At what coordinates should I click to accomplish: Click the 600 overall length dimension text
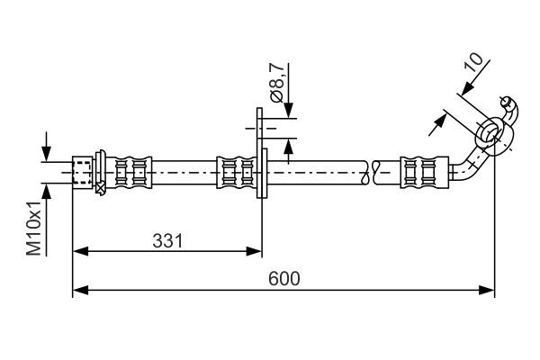point(284,278)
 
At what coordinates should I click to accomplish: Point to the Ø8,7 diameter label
point(278,83)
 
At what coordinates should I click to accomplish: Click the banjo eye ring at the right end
point(492,132)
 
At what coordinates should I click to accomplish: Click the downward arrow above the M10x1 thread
point(47,154)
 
